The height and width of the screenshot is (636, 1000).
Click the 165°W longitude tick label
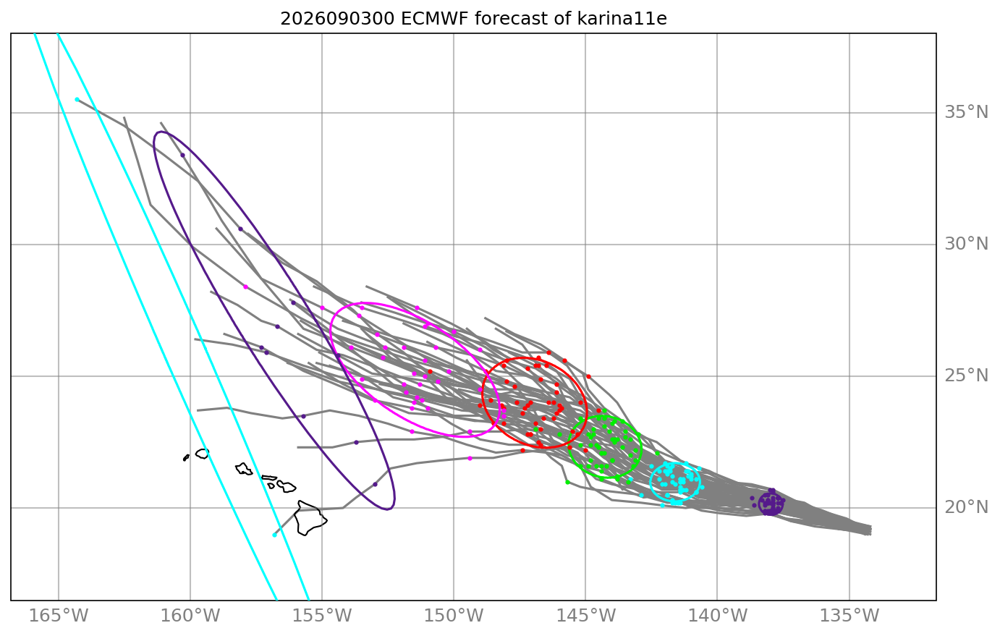click(x=59, y=616)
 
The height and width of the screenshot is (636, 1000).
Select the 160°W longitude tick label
click(x=190, y=616)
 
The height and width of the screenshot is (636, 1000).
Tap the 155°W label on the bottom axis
click(x=322, y=616)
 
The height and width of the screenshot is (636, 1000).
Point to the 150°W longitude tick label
click(x=454, y=616)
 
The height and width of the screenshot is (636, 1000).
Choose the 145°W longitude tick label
click(x=585, y=616)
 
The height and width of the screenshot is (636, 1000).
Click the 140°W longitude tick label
click(x=717, y=616)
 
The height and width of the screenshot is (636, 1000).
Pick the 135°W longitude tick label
click(x=849, y=616)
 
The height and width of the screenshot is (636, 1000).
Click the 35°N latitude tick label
click(x=966, y=112)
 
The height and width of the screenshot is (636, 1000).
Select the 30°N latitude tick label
click(x=966, y=244)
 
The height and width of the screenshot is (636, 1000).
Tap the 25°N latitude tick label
click(x=966, y=376)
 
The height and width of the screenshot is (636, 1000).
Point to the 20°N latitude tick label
click(x=966, y=507)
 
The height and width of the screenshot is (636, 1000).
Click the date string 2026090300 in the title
click(x=337, y=19)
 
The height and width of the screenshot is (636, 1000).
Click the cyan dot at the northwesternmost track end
click(x=77, y=100)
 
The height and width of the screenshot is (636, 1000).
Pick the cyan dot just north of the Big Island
click(x=274, y=535)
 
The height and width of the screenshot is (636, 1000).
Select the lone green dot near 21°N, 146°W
click(x=567, y=482)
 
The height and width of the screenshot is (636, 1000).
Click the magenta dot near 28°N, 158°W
click(x=245, y=287)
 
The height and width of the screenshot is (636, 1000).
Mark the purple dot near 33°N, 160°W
click(x=182, y=156)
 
